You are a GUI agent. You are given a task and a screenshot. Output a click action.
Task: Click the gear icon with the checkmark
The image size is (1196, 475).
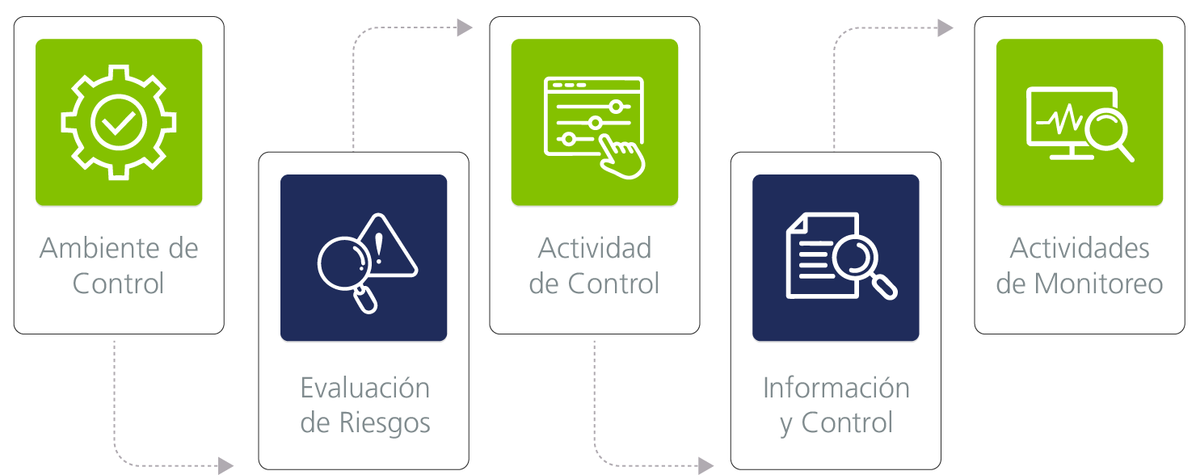[119, 122]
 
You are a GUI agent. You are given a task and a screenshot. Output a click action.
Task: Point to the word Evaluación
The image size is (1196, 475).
[365, 388]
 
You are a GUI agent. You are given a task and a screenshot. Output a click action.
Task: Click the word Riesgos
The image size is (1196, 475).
[385, 423]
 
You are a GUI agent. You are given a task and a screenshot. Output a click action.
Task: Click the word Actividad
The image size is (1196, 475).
[595, 248]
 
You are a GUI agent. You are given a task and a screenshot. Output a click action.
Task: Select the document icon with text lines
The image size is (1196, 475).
[823, 255]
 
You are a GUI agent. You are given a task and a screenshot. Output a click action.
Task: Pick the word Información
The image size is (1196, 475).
[836, 388]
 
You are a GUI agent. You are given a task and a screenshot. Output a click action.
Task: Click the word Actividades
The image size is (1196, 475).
[1080, 248]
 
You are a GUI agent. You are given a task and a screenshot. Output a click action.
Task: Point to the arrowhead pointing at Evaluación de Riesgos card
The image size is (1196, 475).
[225, 466]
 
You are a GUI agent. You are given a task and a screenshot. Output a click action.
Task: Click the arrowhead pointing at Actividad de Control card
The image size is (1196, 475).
[465, 27]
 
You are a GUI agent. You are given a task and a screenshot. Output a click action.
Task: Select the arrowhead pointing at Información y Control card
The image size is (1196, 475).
[706, 466]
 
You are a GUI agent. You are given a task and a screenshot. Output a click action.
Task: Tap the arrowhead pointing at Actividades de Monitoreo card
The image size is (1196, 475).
[945, 27]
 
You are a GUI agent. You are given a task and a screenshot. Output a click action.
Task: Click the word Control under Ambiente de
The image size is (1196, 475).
[119, 284]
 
